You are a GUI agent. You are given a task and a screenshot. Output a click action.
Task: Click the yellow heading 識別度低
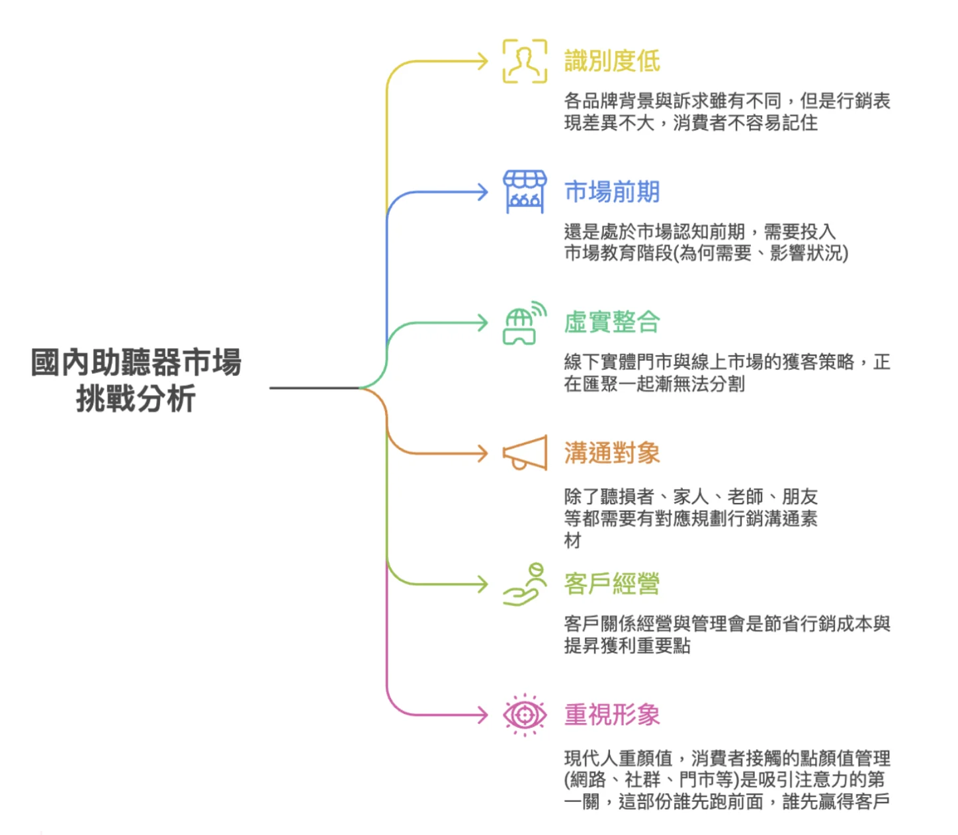click(x=611, y=61)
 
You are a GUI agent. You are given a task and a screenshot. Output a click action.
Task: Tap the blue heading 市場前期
click(x=611, y=192)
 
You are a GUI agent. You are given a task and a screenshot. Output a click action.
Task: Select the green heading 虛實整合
click(x=611, y=322)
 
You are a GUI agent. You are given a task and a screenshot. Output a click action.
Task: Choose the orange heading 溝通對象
click(x=611, y=453)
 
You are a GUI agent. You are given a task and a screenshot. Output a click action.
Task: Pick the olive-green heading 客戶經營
click(x=611, y=584)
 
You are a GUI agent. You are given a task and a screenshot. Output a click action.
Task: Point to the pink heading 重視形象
click(x=611, y=715)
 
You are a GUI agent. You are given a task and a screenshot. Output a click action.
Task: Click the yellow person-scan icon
click(x=525, y=61)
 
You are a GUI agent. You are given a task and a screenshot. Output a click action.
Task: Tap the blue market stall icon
click(x=525, y=192)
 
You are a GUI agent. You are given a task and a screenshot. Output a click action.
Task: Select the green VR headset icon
click(x=525, y=324)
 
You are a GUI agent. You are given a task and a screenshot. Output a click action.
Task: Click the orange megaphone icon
click(x=525, y=453)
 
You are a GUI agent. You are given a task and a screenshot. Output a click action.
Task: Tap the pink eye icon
click(x=525, y=715)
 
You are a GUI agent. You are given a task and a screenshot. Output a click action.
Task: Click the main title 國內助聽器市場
click(x=136, y=363)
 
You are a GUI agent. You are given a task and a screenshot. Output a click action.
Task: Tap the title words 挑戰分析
click(x=136, y=399)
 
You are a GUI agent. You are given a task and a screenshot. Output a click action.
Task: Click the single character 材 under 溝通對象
click(x=573, y=541)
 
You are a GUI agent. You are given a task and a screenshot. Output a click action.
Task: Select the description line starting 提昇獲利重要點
click(x=627, y=645)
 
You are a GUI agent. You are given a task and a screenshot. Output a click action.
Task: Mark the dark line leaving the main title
click(x=314, y=388)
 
